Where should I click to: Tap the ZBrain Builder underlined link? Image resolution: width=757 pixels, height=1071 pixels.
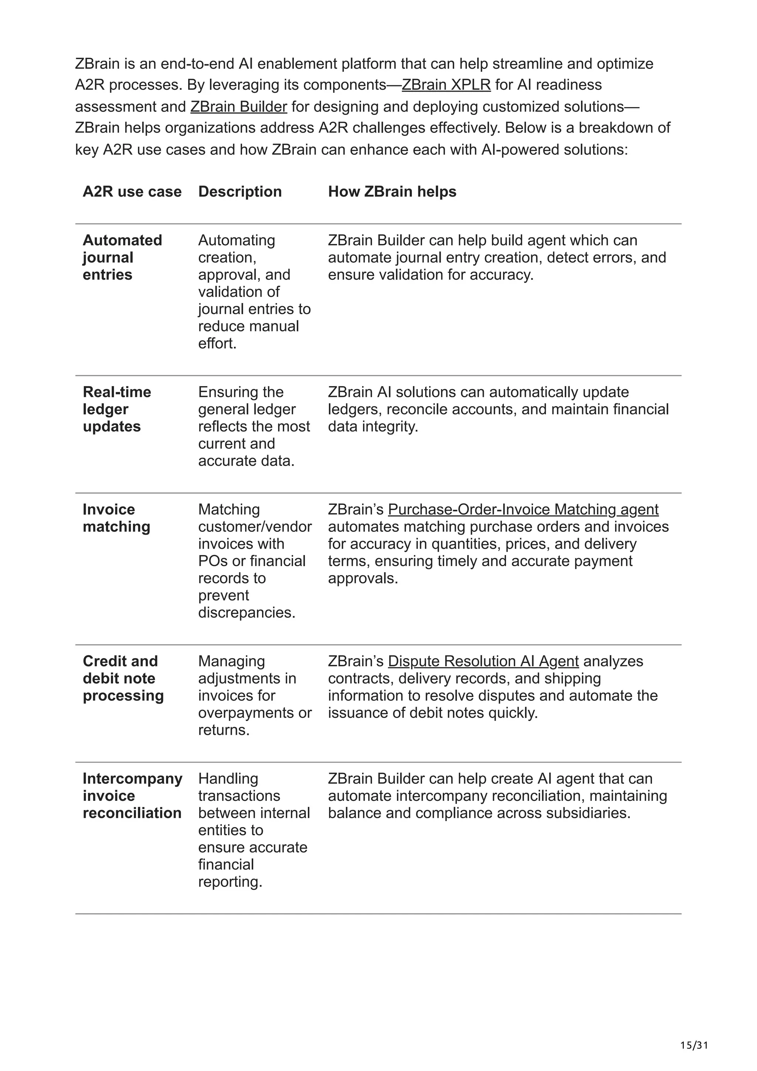point(238,106)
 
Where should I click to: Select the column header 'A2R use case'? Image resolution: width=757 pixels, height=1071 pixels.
point(132,192)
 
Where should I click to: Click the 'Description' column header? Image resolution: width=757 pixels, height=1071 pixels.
point(240,192)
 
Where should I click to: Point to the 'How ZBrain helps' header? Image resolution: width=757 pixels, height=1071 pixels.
point(392,192)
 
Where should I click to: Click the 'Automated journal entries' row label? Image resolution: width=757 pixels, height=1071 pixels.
point(122,258)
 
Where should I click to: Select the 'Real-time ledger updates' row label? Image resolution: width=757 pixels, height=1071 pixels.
point(116,409)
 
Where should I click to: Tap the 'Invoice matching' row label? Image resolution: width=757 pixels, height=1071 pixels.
point(116,518)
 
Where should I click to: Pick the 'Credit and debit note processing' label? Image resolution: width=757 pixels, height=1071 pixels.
point(123,678)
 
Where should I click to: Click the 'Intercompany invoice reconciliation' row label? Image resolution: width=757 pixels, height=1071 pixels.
point(132,796)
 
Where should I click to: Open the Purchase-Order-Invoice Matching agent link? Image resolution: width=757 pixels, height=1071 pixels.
point(523,509)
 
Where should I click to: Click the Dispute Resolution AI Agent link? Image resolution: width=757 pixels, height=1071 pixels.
point(483,661)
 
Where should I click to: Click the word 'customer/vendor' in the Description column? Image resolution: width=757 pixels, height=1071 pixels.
point(255,527)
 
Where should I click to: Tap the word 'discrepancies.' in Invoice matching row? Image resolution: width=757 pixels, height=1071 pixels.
point(247,612)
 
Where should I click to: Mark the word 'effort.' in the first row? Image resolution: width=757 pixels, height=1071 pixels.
point(217,343)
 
